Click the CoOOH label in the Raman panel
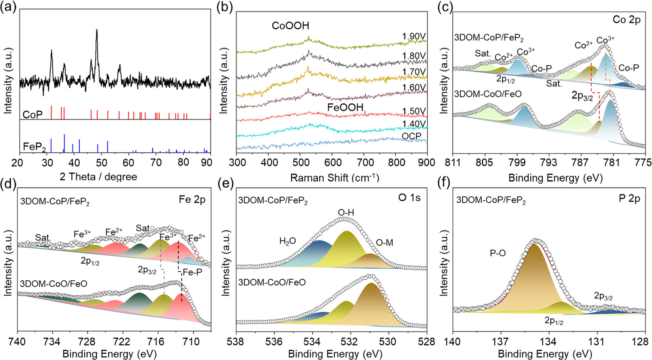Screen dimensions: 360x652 (x=290, y=26)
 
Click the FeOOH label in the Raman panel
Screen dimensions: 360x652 (x=345, y=107)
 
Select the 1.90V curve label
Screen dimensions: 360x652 (x=414, y=37)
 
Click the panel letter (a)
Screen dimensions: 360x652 (x=9, y=7)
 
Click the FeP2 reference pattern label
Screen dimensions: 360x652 (x=34, y=147)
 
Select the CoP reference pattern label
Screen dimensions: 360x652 (x=33, y=114)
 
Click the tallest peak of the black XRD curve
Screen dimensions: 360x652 (x=97, y=31)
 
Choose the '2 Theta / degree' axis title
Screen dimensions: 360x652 (x=98, y=177)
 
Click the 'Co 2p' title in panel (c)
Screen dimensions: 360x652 (x=626, y=20)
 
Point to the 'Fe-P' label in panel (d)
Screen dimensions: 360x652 (x=192, y=272)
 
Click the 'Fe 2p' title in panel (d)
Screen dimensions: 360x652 (x=192, y=200)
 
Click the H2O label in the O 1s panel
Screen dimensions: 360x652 (x=287, y=241)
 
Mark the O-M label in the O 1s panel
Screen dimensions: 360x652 (x=384, y=243)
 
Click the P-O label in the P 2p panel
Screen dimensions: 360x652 (x=498, y=253)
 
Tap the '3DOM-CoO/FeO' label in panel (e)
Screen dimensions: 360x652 (x=272, y=282)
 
